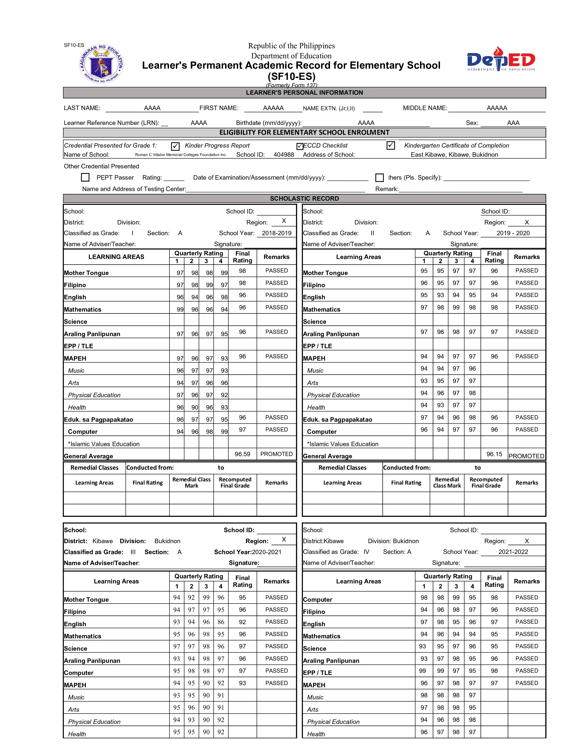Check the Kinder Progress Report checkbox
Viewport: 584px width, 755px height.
point(175,146)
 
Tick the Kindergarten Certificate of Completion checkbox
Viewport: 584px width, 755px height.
point(391,146)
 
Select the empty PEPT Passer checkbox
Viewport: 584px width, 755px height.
point(85,177)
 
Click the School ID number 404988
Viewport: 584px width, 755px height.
point(284,154)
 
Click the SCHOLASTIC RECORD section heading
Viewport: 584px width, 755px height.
point(304,198)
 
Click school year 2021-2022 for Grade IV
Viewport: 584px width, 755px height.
point(513,552)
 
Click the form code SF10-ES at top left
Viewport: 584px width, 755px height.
point(74,45)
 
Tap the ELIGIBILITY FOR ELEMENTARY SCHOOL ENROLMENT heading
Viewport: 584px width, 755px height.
point(304,132)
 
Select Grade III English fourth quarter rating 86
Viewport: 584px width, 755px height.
point(221,622)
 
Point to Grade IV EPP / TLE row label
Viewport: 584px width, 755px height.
point(317,673)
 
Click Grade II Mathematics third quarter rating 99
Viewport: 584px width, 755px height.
point(456,307)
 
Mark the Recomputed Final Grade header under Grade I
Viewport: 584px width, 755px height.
point(235,482)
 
